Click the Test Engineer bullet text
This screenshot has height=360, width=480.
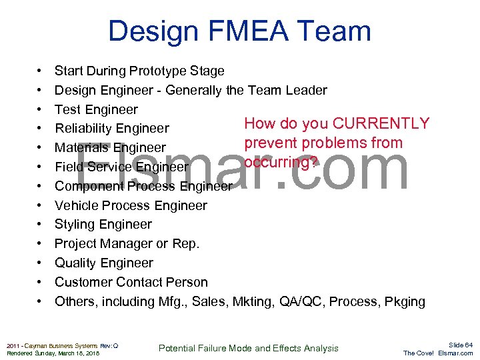[96, 109]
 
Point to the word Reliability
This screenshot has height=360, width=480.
[83, 129]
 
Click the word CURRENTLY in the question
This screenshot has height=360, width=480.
[381, 123]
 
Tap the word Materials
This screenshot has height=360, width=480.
[81, 148]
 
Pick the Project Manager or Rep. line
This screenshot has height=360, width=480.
[127, 244]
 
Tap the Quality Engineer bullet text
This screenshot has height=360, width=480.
[103, 263]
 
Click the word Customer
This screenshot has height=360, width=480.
[84, 282]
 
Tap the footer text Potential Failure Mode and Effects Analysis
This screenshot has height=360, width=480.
[249, 348]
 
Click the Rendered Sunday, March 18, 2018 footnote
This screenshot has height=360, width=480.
[53, 353]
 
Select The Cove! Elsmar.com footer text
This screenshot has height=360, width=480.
[438, 353]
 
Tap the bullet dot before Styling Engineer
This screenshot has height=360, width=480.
[40, 225]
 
